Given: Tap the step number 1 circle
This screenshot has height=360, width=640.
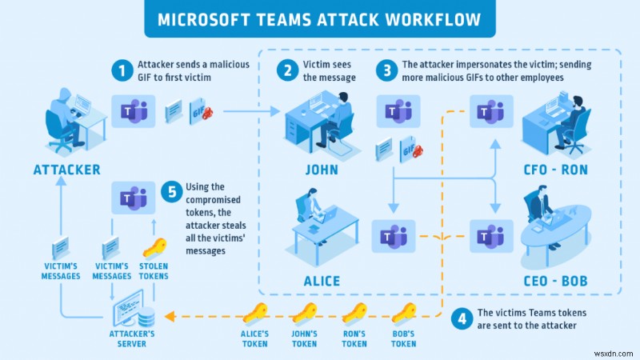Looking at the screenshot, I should (x=122, y=71).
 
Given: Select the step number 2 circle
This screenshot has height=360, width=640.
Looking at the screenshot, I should (x=286, y=71).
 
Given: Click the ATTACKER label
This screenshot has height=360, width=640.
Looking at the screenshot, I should (x=66, y=170).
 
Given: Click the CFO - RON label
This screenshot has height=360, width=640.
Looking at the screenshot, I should (x=556, y=170).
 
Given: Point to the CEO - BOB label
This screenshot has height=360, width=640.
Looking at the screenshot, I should (x=556, y=281).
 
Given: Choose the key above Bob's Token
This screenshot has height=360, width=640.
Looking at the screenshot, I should (x=403, y=313).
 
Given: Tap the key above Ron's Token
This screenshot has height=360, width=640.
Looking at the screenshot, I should (x=354, y=313).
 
